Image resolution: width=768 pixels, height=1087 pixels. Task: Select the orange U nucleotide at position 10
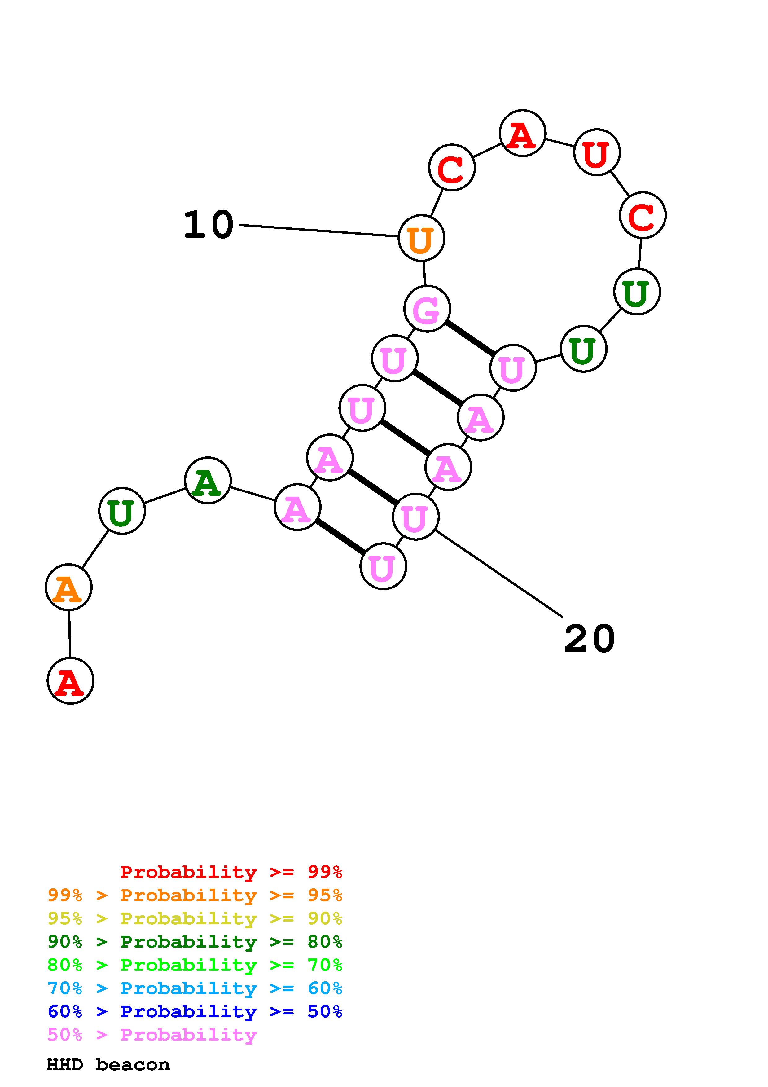[x=421, y=238]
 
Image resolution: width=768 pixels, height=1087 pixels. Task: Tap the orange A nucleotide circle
[x=68, y=588]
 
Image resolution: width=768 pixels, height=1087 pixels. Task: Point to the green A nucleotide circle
[x=207, y=481]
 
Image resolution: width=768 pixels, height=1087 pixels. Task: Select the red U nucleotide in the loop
[x=597, y=152]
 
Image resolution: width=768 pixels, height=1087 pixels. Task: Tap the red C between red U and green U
[x=643, y=215]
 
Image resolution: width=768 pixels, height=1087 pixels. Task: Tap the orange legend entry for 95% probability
[x=195, y=895]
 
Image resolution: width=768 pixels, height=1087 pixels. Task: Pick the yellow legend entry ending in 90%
[x=195, y=918]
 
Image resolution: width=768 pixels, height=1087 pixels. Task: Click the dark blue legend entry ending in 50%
[x=195, y=1011]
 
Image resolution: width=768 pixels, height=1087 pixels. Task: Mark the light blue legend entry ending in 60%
[x=195, y=988]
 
